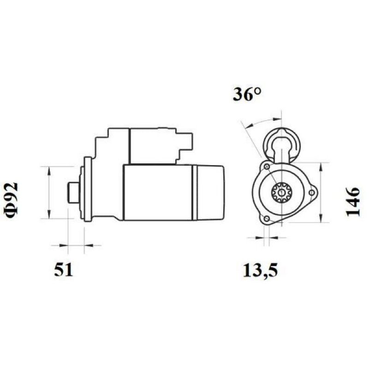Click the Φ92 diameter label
pos(11,200)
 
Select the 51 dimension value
pos(64,270)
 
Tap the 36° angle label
pos(247,95)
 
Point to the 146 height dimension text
pos(353,202)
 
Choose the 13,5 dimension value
pos(260,271)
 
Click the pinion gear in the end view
pos(281,193)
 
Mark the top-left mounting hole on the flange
pos(267,167)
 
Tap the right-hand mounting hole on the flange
pos(312,193)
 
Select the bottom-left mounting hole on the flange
pos(267,219)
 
